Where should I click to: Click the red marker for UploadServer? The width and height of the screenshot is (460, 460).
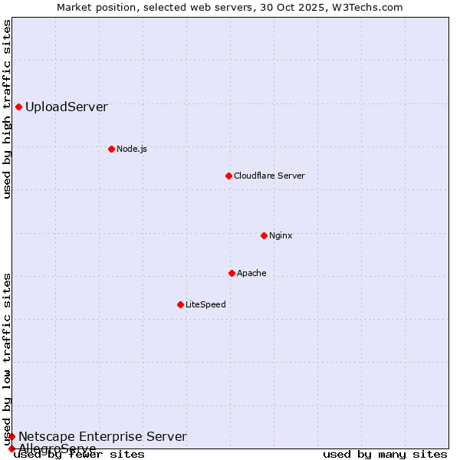pos(18,107)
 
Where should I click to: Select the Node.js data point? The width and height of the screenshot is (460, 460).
pos(111,149)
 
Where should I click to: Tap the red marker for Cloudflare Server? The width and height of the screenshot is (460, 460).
pos(228,176)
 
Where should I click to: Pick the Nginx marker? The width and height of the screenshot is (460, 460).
pos(264,235)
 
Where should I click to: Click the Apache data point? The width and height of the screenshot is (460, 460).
pos(232,273)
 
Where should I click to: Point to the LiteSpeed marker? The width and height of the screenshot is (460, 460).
pos(180,304)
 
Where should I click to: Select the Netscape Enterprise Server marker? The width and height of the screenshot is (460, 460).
pos(11,436)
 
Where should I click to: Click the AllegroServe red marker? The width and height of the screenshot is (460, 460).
pos(11,449)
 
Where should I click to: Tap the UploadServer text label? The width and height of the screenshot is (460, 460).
pos(67,107)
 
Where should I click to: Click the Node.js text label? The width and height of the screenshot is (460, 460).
pos(132,149)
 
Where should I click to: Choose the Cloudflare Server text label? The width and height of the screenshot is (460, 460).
pos(269,176)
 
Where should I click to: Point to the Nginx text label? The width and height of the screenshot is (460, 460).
pos(281,235)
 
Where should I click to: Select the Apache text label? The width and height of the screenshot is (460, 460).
pos(251,273)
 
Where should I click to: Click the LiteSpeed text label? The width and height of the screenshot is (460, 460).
pos(205,304)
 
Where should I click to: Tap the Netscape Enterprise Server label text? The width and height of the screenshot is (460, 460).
pos(103,437)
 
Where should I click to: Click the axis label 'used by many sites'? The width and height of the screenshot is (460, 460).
pos(385,455)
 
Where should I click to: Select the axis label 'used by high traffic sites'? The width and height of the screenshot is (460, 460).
pos(8,109)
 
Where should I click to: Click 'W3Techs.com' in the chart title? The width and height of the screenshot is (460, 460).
pos(373,7)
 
